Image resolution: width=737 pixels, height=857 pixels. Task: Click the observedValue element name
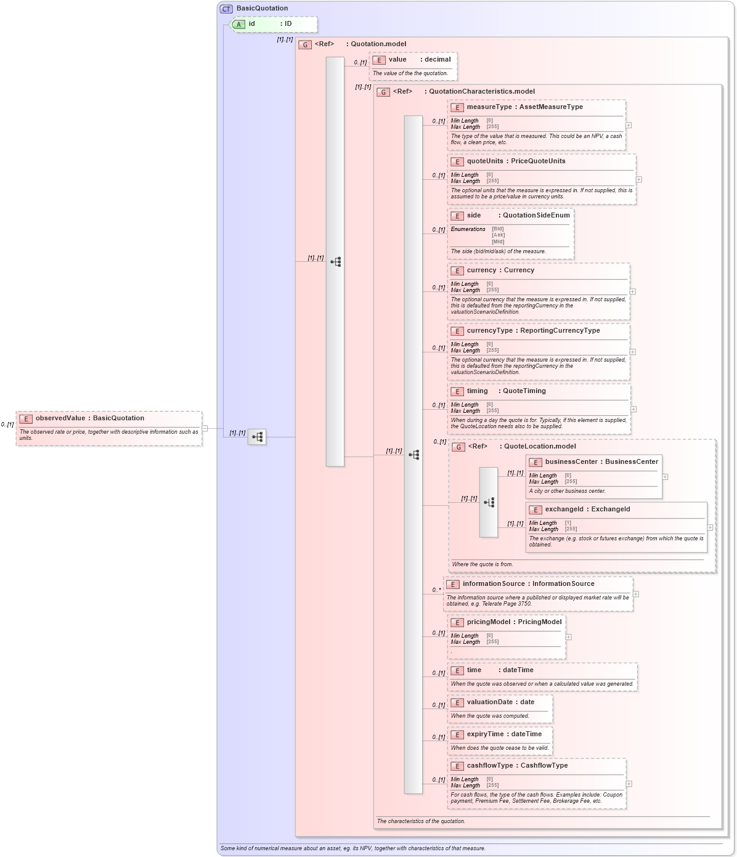click(60, 418)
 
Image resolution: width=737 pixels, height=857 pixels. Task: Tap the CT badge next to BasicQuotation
click(226, 9)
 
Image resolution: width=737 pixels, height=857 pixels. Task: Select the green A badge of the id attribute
click(239, 24)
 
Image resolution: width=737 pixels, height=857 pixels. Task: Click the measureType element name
click(489, 107)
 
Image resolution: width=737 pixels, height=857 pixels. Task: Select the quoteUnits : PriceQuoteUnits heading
click(516, 161)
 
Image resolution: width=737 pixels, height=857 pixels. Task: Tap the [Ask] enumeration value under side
click(498, 235)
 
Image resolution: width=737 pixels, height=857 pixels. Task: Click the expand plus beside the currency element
click(633, 291)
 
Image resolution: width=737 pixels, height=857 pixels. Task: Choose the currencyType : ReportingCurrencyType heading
click(533, 331)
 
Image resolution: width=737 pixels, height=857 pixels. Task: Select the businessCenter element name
click(571, 462)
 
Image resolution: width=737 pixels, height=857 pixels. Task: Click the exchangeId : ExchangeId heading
click(587, 510)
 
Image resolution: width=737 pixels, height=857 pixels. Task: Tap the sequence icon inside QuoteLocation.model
click(489, 502)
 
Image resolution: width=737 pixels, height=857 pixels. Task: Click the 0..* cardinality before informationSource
click(436, 590)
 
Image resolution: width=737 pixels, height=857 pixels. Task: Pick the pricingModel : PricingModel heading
click(514, 622)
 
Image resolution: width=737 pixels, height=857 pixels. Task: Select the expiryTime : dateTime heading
click(504, 734)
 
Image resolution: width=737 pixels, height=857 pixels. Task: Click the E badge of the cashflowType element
click(457, 766)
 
